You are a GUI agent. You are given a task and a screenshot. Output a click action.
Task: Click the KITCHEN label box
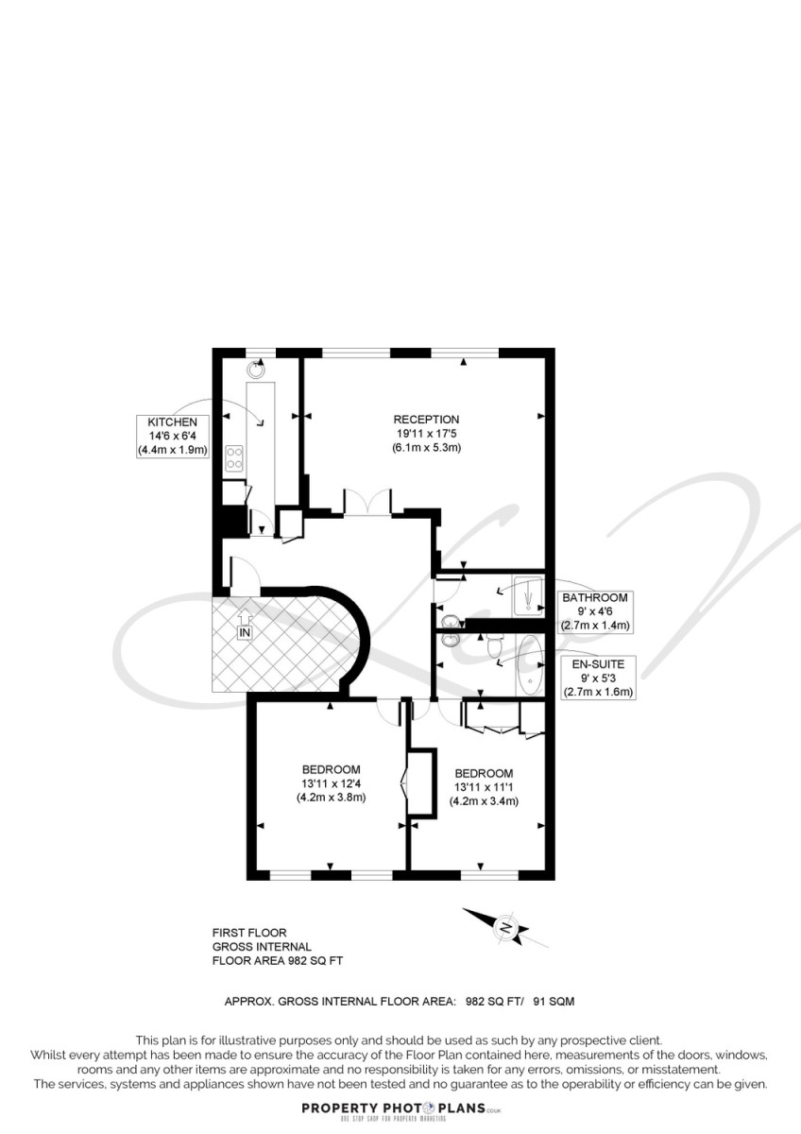coord(172,437)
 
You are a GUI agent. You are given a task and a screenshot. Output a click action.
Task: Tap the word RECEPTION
coord(426,420)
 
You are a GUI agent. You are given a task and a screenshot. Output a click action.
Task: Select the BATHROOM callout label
coord(594,611)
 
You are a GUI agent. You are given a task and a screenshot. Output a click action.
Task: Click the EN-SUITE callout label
coord(598,679)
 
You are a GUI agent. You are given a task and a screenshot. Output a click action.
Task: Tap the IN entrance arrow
coord(245,625)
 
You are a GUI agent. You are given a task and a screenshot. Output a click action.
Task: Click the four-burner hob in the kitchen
coord(234,457)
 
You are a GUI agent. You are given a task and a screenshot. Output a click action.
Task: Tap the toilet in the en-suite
coord(494,644)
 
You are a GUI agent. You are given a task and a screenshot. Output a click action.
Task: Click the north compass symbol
coord(506,926)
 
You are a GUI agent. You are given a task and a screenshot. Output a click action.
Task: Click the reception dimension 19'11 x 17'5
coord(426,434)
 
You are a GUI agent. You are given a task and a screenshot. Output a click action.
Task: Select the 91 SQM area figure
coord(554,1002)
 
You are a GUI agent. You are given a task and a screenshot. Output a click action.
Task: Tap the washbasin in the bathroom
coord(449,621)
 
